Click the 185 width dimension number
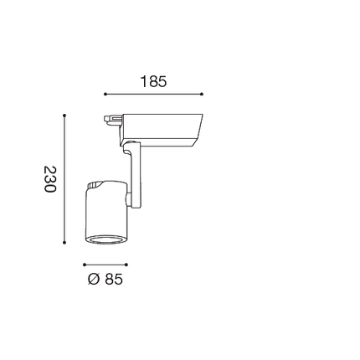(x=153, y=81)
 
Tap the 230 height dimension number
(x=50, y=179)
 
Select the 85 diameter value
(x=114, y=279)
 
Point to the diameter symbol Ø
(x=94, y=279)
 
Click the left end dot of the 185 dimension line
(x=105, y=94)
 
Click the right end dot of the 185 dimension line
(x=202, y=94)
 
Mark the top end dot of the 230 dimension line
(x=64, y=115)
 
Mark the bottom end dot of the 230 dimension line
(x=64, y=243)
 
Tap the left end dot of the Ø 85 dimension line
(x=85, y=265)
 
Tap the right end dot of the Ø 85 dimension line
(x=126, y=265)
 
